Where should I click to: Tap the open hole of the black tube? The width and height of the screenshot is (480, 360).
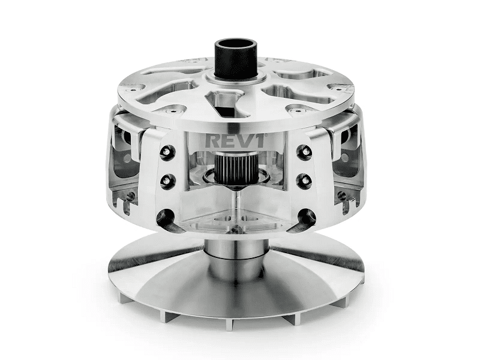pyautogui.click(x=236, y=45)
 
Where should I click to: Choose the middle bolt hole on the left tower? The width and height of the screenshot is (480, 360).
pyautogui.click(x=166, y=179)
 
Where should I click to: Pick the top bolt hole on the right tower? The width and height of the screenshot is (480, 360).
pyautogui.click(x=305, y=151)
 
